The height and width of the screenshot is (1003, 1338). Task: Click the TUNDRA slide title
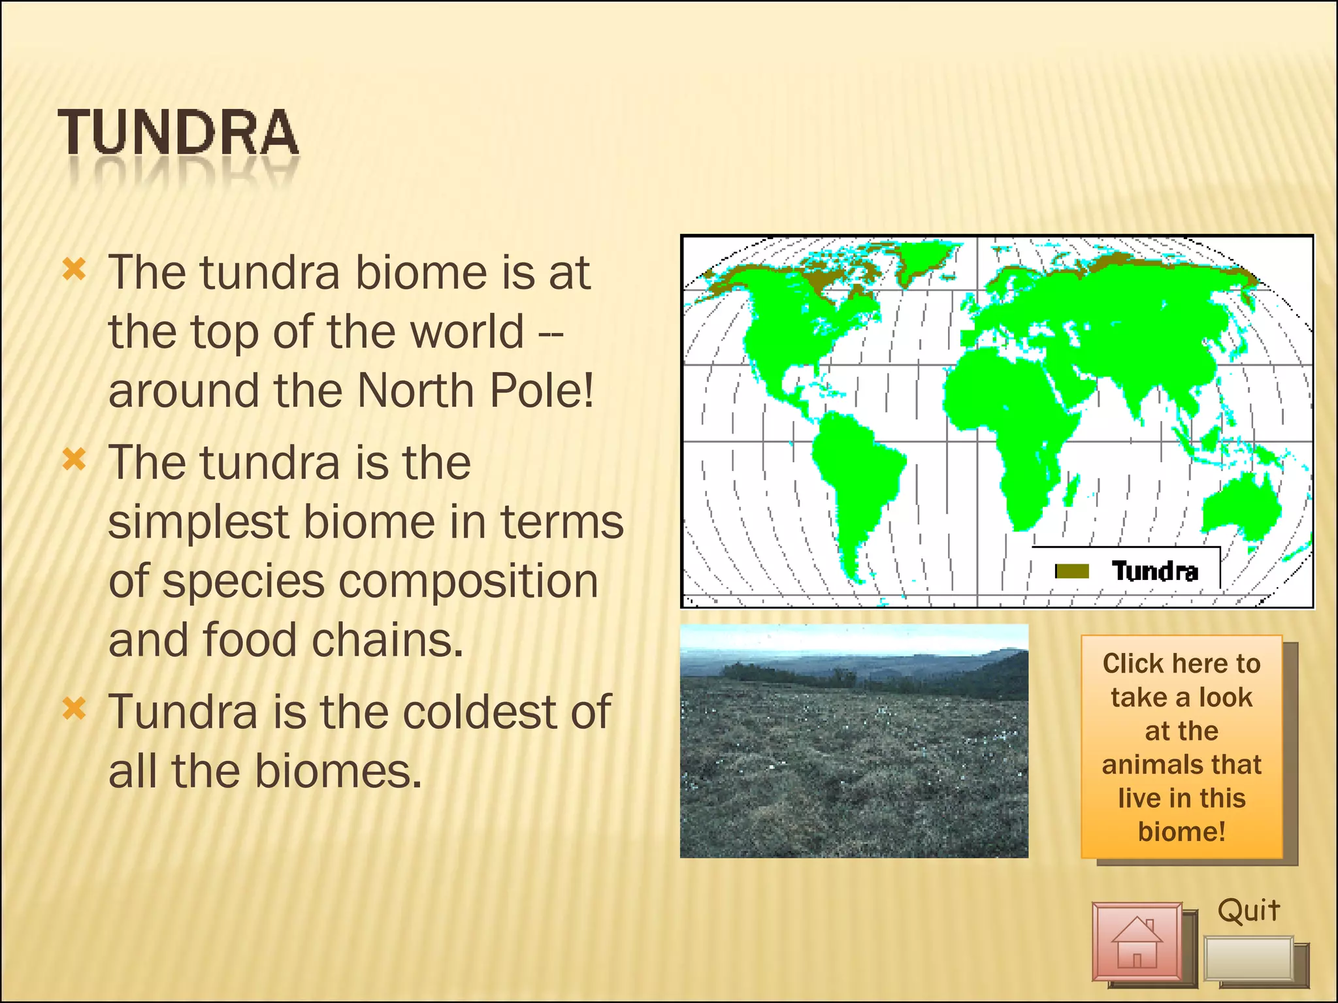pos(178,133)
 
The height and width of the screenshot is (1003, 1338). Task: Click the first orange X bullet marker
pos(74,269)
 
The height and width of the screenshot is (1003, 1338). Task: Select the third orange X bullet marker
pos(74,708)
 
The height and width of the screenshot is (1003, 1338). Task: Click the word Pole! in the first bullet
pos(542,390)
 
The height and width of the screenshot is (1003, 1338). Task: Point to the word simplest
pos(198,522)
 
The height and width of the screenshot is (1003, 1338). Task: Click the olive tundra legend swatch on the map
pos(1073,571)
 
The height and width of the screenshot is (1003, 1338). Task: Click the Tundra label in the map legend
pos(1154,571)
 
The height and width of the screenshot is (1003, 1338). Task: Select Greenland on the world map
pos(921,258)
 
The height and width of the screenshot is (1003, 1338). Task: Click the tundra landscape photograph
pos(854,741)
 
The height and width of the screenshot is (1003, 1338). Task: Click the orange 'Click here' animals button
pos(1181,747)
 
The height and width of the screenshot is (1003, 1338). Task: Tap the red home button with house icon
pos(1137,941)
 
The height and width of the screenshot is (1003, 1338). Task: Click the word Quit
pos(1248,910)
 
